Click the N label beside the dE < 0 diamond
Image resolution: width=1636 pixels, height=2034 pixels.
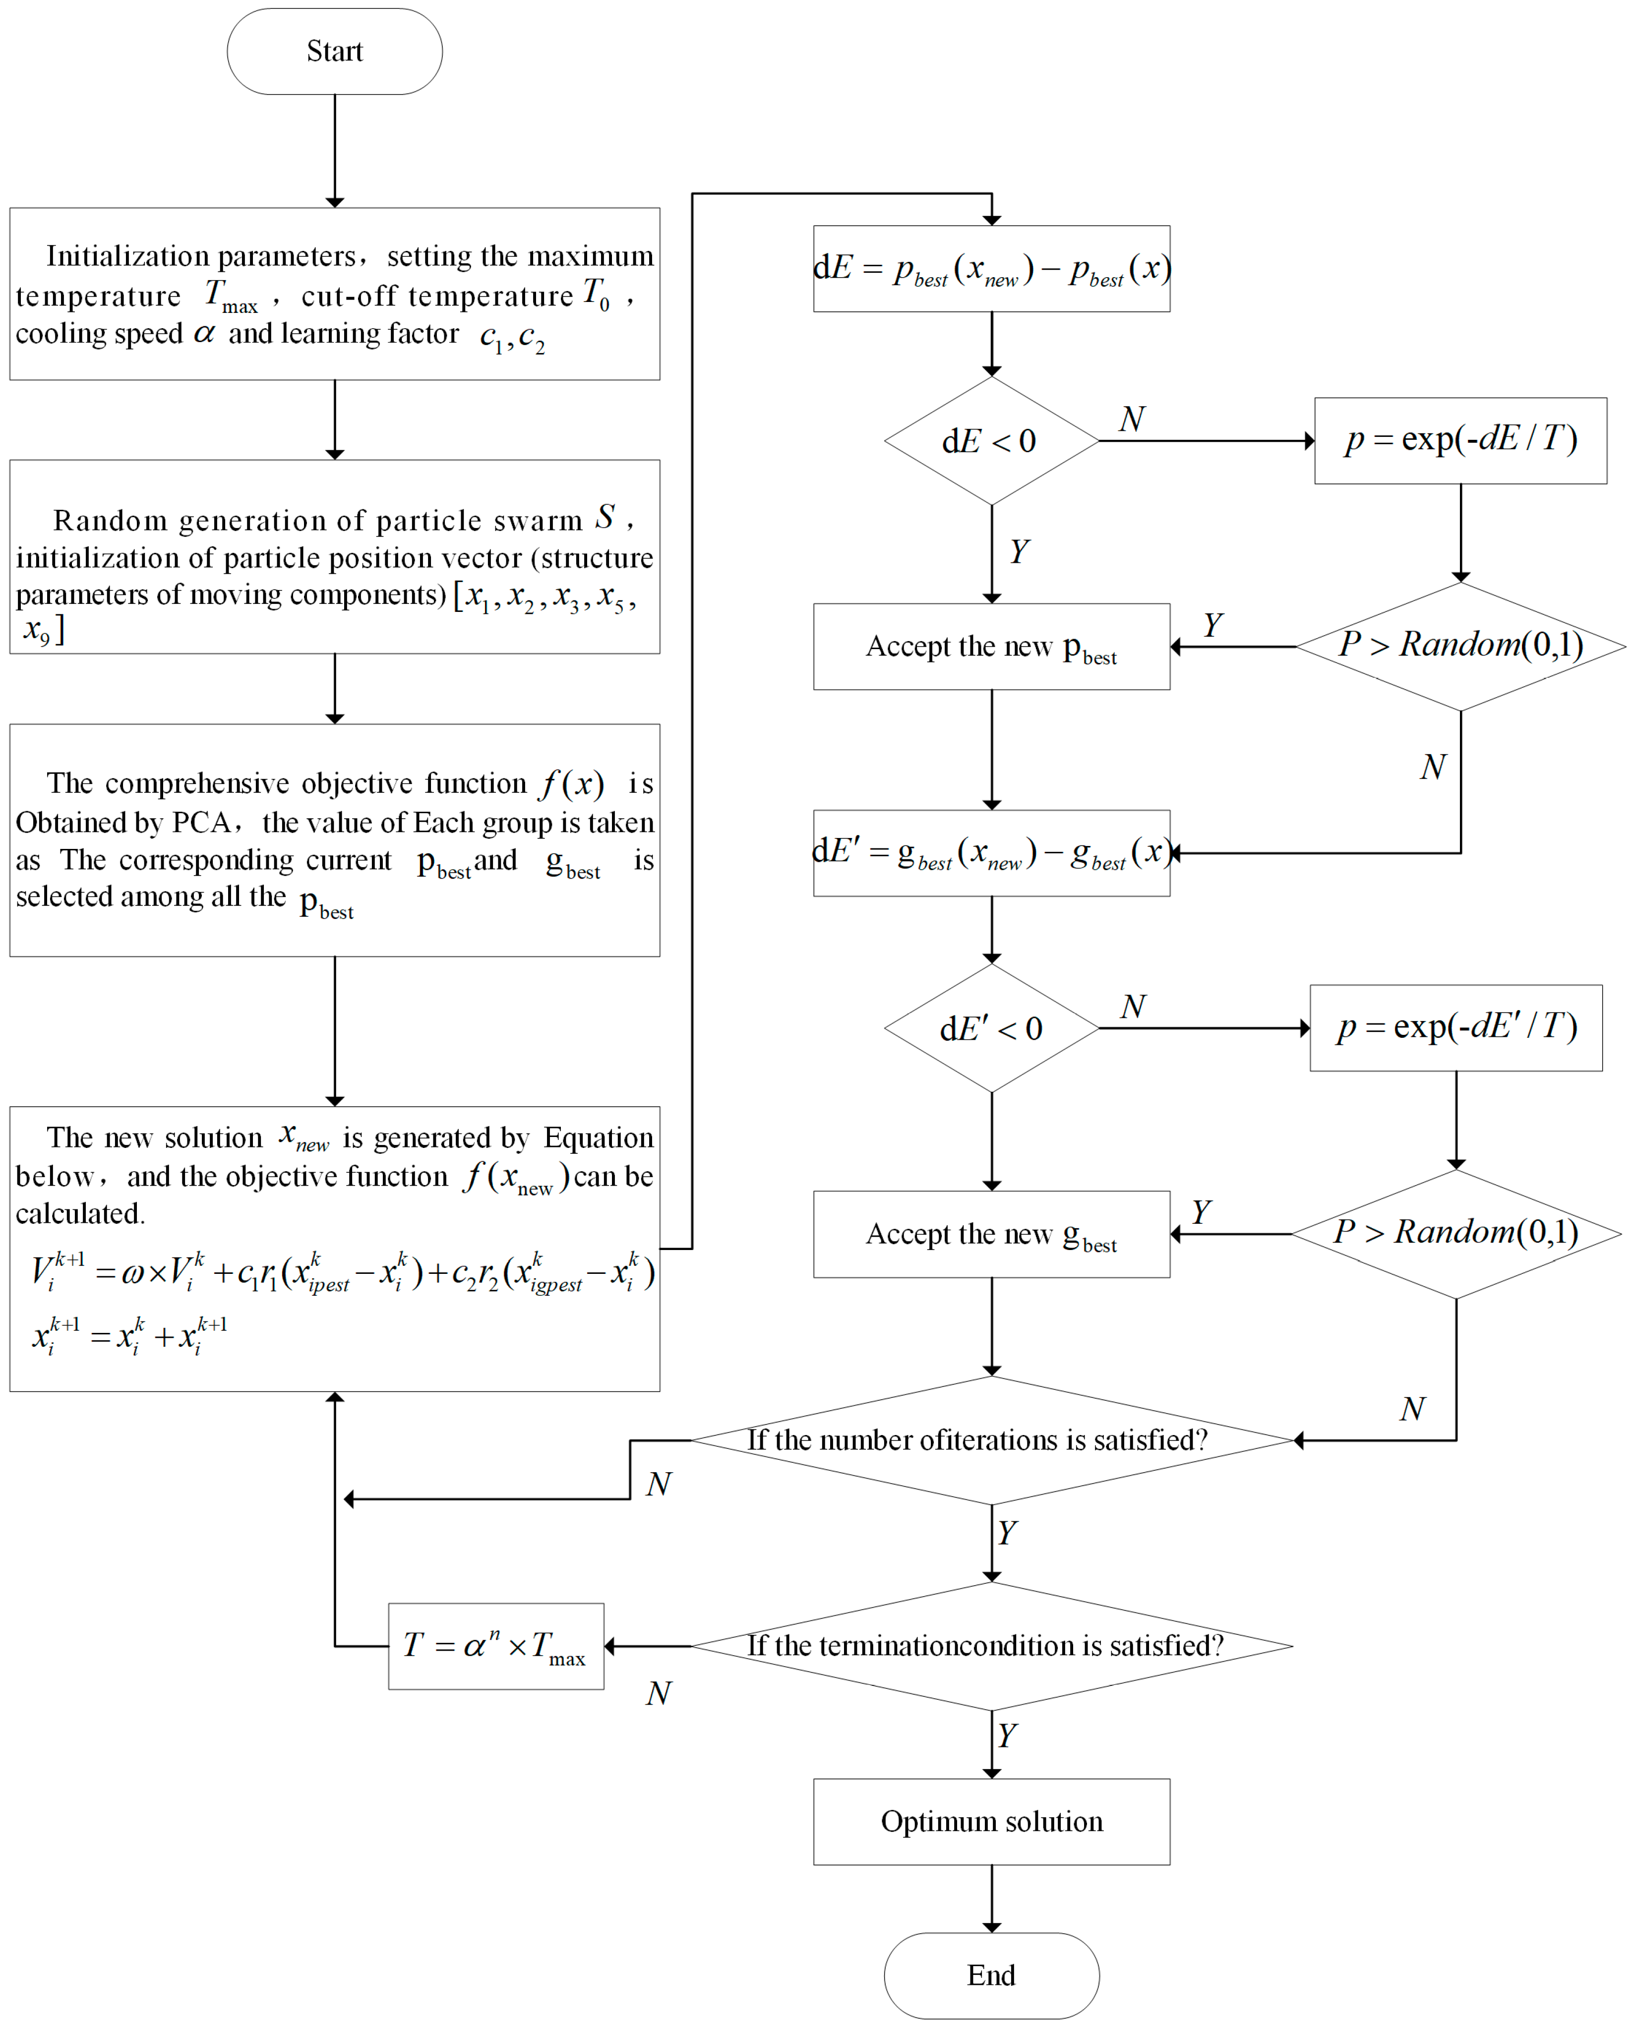[1131, 419]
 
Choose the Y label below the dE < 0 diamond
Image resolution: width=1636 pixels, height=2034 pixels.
[1019, 551]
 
